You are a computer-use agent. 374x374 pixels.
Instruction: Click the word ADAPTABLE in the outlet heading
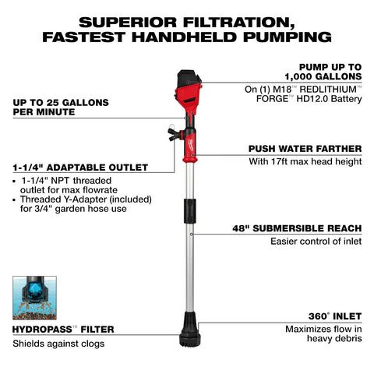click(79, 167)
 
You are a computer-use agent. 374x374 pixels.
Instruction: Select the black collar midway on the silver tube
click(188, 210)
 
